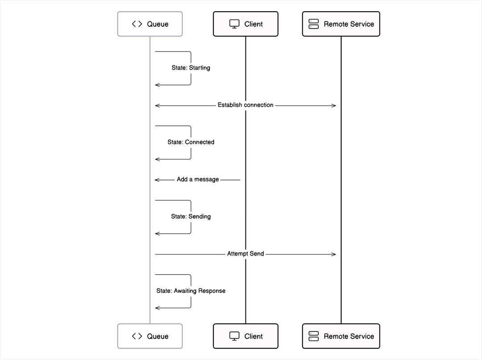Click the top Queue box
150,24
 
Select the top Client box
245,24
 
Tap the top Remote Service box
341,24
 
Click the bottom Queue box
150,336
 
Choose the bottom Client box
245,336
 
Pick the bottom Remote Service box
341,336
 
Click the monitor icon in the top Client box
234,24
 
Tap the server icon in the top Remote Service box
314,24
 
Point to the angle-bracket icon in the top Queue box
137,24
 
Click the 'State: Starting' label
191,68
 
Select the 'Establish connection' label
245,105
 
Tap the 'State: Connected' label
191,142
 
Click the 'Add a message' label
198,180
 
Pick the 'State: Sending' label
191,217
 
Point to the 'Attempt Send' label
245,254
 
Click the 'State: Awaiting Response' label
191,291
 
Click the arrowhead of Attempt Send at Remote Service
334,254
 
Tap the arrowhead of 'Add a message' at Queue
157,180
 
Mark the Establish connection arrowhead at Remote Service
334,105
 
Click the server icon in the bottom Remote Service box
314,336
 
